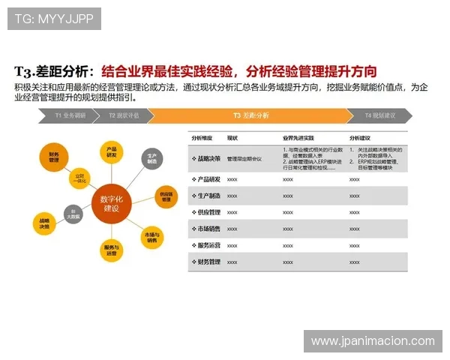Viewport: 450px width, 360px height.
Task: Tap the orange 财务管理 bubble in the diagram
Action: pos(54,156)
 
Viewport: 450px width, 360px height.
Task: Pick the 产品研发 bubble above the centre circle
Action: pos(111,151)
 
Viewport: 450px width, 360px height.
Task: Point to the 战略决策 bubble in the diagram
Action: pos(45,223)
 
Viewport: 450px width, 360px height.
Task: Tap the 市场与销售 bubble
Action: pos(152,236)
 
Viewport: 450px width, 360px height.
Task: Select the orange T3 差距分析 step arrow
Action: pos(250,116)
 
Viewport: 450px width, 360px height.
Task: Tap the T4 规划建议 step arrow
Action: pos(379,116)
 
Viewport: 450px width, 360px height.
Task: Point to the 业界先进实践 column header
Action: pos(298,139)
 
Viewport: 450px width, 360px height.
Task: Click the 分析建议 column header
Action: pos(360,139)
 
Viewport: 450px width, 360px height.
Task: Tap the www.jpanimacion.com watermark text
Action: pos(373,341)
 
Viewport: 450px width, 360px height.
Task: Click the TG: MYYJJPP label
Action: pos(54,18)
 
